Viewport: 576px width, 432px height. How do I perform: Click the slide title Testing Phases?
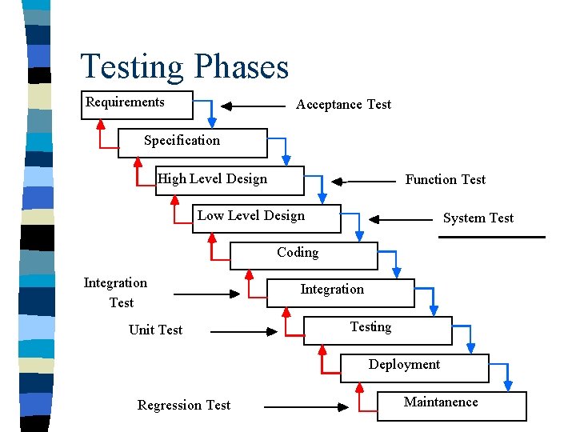[184, 66]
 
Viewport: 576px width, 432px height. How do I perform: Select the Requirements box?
[137, 105]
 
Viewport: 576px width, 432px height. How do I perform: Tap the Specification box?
[192, 142]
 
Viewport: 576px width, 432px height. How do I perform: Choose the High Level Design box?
[230, 180]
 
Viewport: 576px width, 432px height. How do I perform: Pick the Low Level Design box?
[266, 218]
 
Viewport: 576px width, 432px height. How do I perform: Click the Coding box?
[303, 255]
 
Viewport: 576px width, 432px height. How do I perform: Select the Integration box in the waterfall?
[340, 292]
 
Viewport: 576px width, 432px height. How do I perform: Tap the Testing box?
[377, 330]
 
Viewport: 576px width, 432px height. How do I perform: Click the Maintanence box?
[451, 405]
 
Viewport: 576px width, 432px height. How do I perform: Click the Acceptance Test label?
[343, 104]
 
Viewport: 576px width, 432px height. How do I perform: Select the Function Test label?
[445, 179]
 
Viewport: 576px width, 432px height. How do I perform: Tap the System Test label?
[478, 218]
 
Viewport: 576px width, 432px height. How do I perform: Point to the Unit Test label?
[155, 330]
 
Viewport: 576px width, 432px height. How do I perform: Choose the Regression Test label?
[183, 405]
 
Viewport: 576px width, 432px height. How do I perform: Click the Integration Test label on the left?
[116, 292]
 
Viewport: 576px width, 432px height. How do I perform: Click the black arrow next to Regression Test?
[306, 406]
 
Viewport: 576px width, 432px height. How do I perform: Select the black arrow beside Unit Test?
[233, 331]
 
